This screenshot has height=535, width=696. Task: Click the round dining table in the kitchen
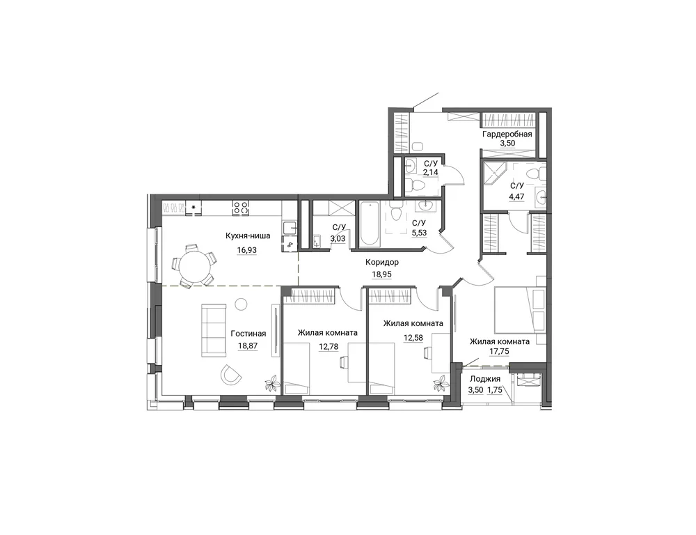[x=195, y=265]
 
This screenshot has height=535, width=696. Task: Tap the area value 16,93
[x=247, y=250]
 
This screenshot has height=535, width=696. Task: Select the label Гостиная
[x=248, y=334]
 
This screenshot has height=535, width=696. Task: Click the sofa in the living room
[x=214, y=330]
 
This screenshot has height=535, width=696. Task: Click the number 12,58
[x=413, y=338]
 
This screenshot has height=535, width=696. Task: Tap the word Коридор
[x=381, y=262]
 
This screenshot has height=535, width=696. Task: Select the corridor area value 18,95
[x=381, y=274]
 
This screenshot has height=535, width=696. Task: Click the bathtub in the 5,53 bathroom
[x=370, y=224]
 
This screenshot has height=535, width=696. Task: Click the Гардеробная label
[x=507, y=134]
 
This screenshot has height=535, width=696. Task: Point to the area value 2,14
[x=431, y=172]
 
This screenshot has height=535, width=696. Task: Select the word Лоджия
[x=484, y=379]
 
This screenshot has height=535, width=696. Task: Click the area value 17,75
[x=499, y=352]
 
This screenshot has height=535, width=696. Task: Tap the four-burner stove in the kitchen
[x=241, y=207]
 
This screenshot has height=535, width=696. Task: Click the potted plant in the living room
[x=271, y=383]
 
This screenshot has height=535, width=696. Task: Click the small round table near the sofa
[x=241, y=304]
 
